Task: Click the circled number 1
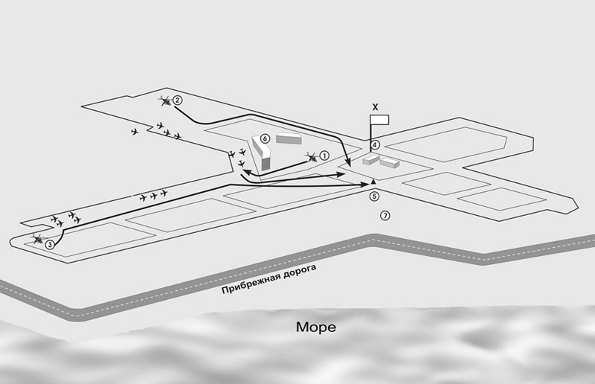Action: click(324, 156)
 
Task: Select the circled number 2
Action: click(177, 100)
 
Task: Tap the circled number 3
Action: click(50, 245)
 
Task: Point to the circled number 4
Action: click(375, 144)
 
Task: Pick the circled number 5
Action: click(375, 196)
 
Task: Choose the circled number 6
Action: click(265, 138)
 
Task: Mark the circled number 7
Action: click(385, 216)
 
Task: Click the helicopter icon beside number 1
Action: click(312, 157)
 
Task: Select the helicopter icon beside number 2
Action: click(165, 100)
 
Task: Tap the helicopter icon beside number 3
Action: click(39, 240)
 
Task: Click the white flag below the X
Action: click(379, 120)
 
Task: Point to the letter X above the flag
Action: click(376, 107)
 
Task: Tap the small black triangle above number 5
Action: click(373, 182)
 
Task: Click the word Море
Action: click(315, 327)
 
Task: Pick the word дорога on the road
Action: click(299, 271)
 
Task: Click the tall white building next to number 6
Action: click(261, 153)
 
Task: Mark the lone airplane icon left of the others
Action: click(135, 132)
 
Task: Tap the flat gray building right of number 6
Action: click(289, 138)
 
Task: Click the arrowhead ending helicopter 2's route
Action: click(348, 163)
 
